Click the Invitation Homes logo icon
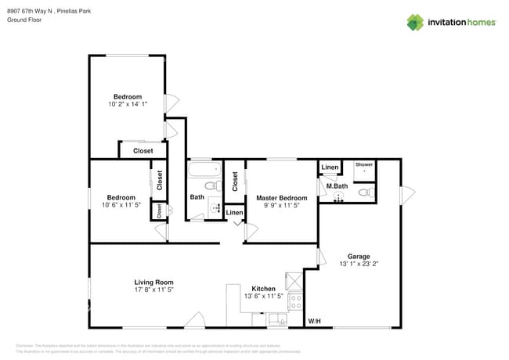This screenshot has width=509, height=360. coord(414,22)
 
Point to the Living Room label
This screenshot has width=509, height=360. coord(153,282)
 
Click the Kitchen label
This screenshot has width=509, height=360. coord(263,289)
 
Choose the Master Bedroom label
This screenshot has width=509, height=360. coord(282,198)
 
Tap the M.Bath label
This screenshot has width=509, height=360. coord(337,185)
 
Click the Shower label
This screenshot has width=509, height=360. coord(364,165)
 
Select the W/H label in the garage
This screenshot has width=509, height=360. coord(314,321)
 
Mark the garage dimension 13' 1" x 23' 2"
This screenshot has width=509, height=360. coord(359,265)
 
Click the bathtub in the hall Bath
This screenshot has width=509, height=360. coord(205,168)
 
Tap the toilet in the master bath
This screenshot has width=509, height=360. coord(364,192)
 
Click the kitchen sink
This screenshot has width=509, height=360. coord(276,319)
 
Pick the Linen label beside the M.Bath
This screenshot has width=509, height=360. coord(330,167)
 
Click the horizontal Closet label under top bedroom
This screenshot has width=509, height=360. coord(143,150)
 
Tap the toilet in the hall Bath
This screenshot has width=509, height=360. coord(209,185)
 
